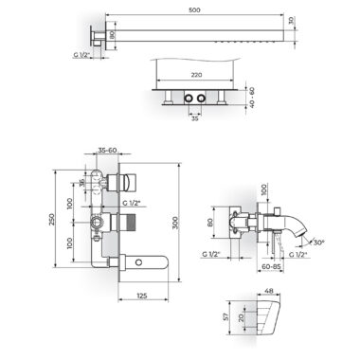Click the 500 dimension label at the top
click(x=194, y=9)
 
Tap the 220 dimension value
click(x=196, y=75)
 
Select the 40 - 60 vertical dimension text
click(x=252, y=98)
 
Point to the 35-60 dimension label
click(x=107, y=150)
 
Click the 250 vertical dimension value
click(x=52, y=219)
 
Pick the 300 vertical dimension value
click(x=176, y=223)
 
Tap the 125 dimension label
click(x=142, y=296)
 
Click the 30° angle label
click(x=318, y=243)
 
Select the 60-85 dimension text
click(x=271, y=266)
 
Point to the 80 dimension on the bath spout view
click(x=210, y=223)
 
